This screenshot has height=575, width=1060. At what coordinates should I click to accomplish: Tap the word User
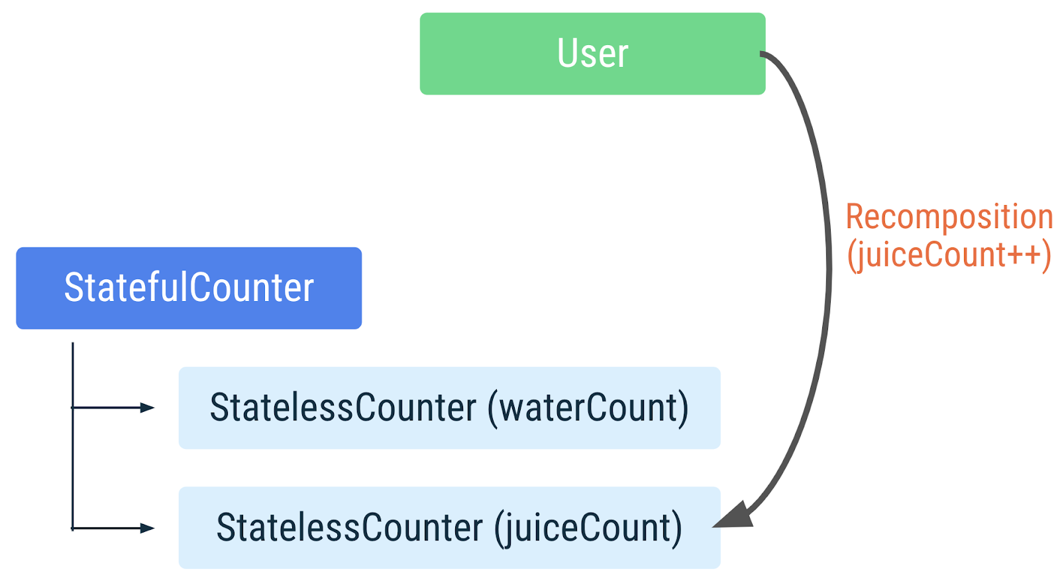point(592,54)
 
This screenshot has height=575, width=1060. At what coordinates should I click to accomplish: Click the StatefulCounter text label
point(189,288)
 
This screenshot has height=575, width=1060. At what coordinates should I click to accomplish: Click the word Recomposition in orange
point(949,217)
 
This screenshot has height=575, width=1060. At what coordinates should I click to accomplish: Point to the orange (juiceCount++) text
point(949,255)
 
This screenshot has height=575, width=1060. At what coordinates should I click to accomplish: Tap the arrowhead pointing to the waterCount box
point(147,408)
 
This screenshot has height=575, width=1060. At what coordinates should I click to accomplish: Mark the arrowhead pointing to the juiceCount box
point(147,528)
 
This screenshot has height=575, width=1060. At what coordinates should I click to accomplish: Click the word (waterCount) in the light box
point(588,408)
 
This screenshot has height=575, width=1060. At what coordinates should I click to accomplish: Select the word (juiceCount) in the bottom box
point(588,529)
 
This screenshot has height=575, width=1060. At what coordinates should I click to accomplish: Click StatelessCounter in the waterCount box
point(343,408)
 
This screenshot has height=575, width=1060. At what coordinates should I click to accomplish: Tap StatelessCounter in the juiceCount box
point(350,529)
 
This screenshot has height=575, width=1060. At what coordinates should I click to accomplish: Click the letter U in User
point(567,54)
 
